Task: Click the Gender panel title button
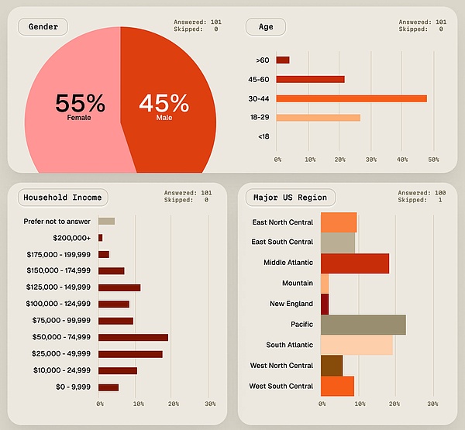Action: (x=43, y=26)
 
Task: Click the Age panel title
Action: (x=265, y=26)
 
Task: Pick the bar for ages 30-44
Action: (x=351, y=98)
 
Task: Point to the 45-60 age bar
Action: (x=310, y=79)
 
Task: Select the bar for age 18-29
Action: (x=318, y=118)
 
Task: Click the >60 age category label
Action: (x=262, y=60)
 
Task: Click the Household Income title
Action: (x=62, y=198)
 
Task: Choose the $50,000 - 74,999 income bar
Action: (x=133, y=337)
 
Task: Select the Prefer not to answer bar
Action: (x=106, y=221)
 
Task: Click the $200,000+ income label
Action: (x=72, y=237)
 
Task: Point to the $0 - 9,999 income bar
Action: (x=108, y=387)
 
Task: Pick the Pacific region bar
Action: (x=363, y=325)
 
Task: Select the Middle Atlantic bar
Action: (x=354, y=263)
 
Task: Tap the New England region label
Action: (x=291, y=304)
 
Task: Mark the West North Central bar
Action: (x=331, y=366)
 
